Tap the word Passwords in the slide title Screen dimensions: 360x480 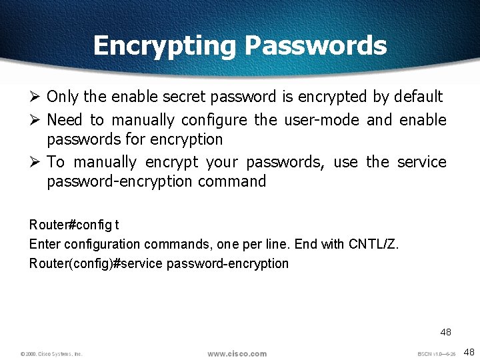315,45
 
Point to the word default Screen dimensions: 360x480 417,97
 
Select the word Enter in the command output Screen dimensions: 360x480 43,244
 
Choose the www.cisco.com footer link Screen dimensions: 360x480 237,353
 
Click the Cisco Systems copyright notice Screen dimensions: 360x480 51,353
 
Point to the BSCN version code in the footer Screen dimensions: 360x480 437,353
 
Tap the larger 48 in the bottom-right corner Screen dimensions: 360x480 469,351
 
